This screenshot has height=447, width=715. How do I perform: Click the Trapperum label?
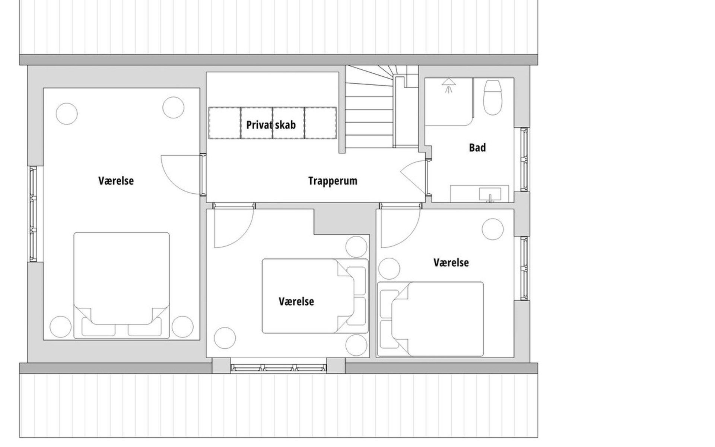(333, 181)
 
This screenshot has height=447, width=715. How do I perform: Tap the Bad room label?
(477, 148)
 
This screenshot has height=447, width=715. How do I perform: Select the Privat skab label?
(271, 124)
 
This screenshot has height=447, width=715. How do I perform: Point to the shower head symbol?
(449, 85)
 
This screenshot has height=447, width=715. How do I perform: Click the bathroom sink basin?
(490, 195)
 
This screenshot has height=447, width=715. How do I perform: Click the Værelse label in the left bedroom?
(116, 181)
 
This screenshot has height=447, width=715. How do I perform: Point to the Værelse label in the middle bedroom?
(296, 301)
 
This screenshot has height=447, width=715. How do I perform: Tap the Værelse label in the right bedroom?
(451, 263)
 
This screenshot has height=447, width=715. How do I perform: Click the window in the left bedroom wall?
(34, 214)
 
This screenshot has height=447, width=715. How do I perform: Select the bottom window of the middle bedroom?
(279, 368)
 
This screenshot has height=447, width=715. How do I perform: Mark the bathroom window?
(525, 160)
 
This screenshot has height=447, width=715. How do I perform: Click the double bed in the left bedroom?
(121, 286)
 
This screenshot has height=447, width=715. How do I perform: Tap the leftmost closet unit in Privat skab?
(225, 123)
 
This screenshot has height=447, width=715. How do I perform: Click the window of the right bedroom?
(525, 268)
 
